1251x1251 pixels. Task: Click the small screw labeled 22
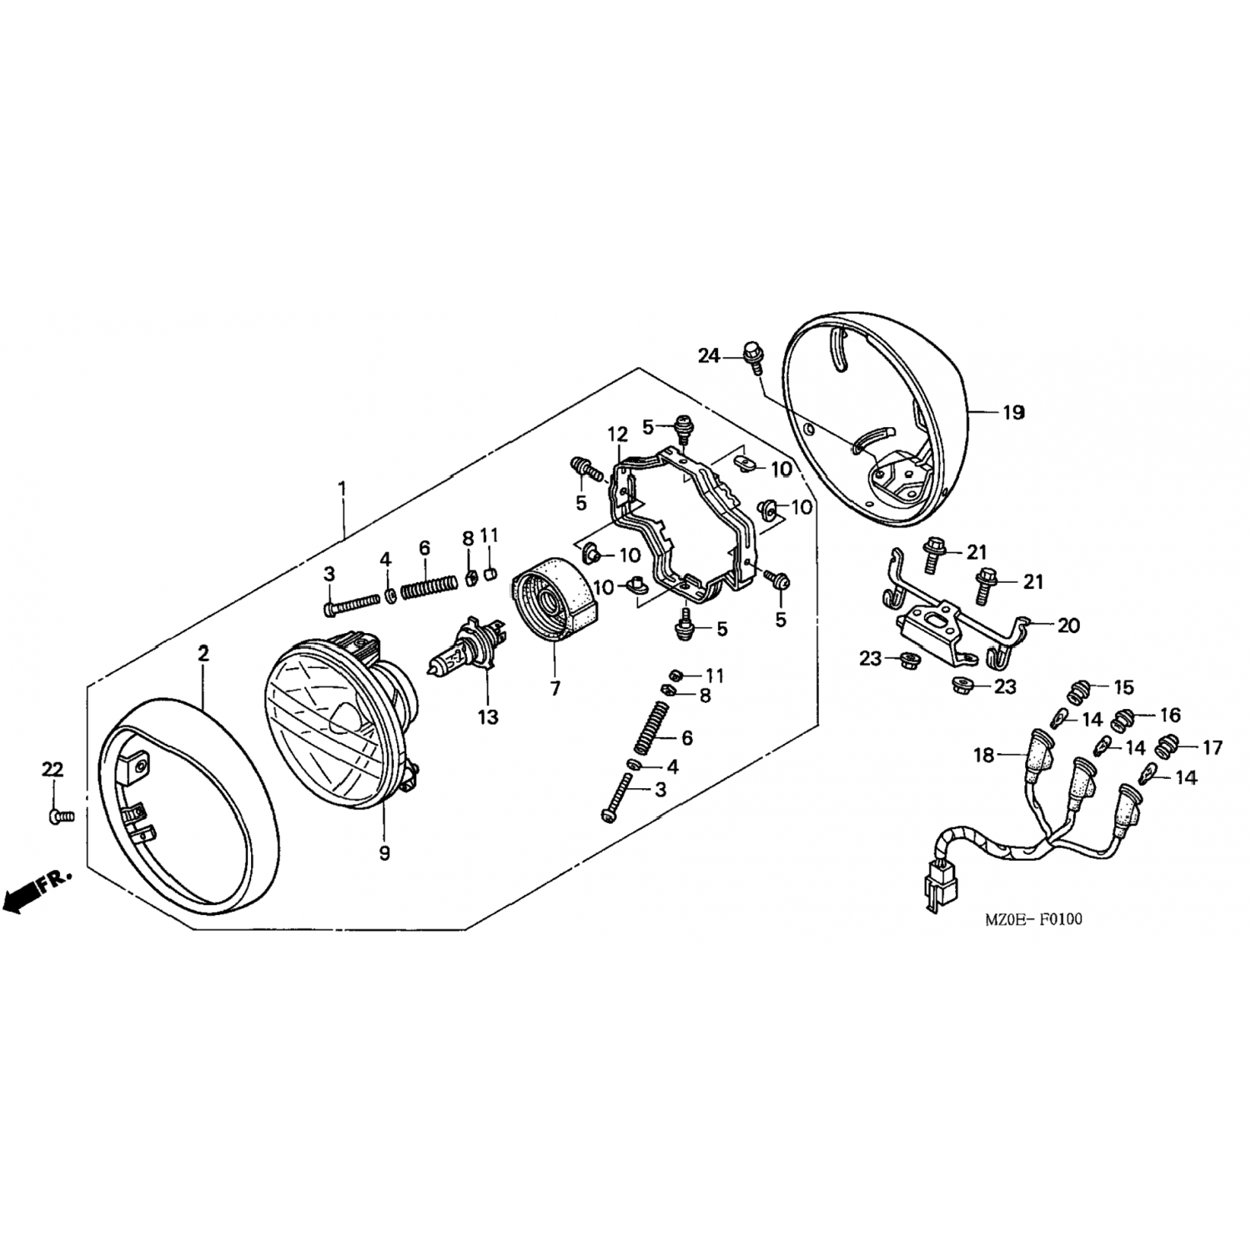point(61,814)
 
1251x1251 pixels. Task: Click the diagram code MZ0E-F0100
point(1033,920)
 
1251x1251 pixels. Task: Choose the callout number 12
point(617,435)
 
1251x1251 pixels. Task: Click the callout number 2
point(203,654)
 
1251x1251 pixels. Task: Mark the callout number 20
point(1068,625)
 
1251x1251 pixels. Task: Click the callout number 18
point(984,756)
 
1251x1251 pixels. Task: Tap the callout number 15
point(1123,688)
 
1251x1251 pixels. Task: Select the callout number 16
point(1170,716)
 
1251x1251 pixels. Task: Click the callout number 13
point(488,716)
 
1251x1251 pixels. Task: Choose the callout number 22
point(53,768)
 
